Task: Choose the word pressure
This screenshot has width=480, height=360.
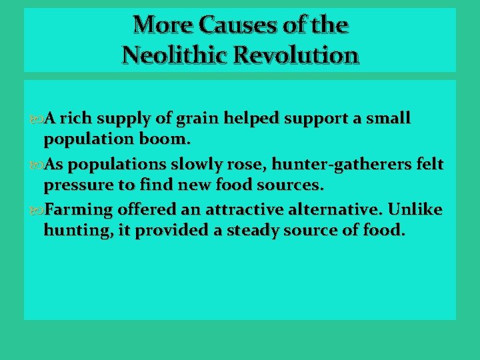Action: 75,185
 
